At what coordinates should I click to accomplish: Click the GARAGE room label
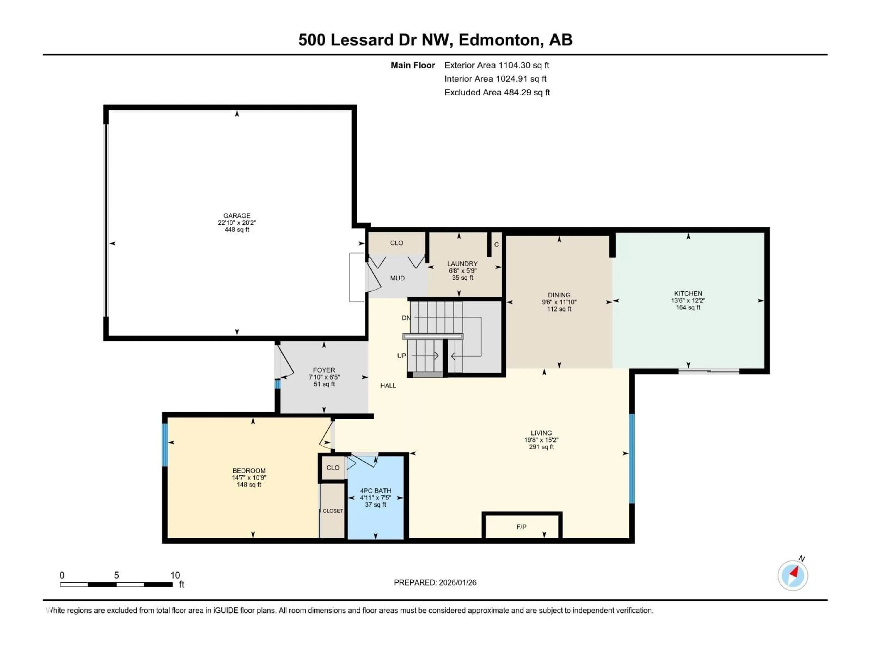click(x=237, y=216)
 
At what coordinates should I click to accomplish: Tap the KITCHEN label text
click(x=688, y=293)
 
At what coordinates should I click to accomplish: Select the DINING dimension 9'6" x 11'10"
click(x=559, y=302)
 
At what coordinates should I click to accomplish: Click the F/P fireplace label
click(x=521, y=527)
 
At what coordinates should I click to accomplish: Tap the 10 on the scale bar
click(x=175, y=575)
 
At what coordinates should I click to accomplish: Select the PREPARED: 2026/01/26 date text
click(x=435, y=582)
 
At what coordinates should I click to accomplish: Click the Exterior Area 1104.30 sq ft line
click(x=497, y=65)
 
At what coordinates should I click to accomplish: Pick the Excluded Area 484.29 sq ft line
click(x=497, y=93)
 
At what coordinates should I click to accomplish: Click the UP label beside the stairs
click(x=401, y=356)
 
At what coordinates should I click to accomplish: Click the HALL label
click(x=388, y=386)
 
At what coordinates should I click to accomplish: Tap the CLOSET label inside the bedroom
click(x=333, y=511)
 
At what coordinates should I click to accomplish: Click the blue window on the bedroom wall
click(x=165, y=445)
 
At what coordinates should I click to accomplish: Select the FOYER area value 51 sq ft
click(x=324, y=384)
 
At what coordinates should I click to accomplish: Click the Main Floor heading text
click(x=413, y=65)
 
